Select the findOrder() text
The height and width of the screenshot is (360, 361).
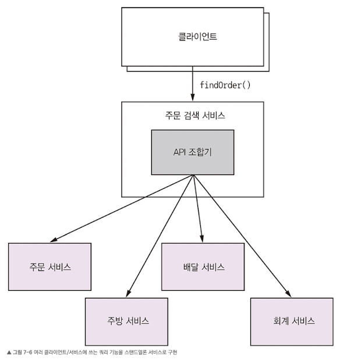(225, 85)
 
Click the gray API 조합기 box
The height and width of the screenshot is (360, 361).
(193, 152)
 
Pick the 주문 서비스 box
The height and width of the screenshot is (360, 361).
(50, 268)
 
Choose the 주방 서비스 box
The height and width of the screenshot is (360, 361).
(127, 321)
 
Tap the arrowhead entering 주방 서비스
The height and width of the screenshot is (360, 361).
(128, 294)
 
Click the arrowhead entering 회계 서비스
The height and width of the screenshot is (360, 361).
(288, 294)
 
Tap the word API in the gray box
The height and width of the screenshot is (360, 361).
(179, 152)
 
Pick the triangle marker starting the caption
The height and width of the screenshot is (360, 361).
(8, 352)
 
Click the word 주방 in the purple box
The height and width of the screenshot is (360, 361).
(115, 321)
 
